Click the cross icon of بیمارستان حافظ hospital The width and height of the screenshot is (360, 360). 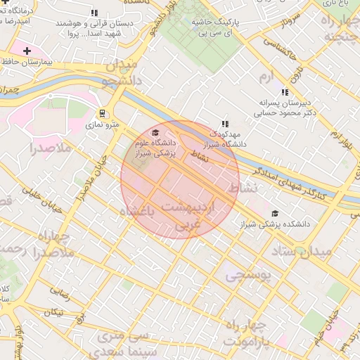point(27,51)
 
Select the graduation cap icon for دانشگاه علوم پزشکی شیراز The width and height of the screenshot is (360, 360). point(155,131)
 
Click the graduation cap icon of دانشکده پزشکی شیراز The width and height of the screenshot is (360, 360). point(274,214)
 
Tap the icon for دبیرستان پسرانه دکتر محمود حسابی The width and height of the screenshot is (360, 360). point(285,92)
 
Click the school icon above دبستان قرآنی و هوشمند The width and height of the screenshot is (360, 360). point(94,13)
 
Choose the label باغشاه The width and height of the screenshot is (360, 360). point(136,211)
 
